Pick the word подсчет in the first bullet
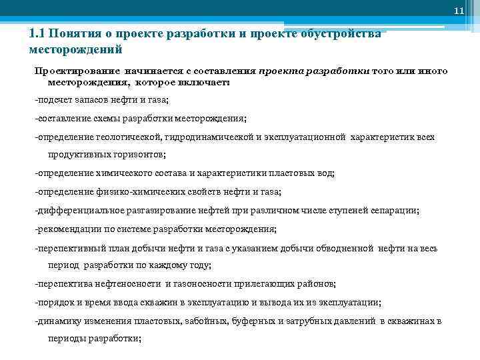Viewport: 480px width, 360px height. pos(56,100)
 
